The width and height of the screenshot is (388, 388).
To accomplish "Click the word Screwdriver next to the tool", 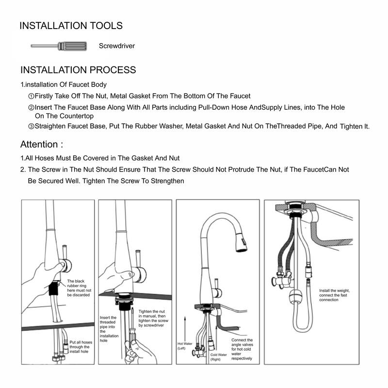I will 116,46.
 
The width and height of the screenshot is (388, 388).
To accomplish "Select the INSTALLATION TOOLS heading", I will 71,26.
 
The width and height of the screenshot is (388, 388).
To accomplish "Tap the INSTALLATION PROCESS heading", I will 78,70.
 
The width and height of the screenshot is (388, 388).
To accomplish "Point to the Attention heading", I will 41,144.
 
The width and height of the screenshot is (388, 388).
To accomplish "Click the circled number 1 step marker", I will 31,96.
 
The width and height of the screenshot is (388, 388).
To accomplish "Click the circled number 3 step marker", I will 31,126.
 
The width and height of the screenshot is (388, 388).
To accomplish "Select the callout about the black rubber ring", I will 78,288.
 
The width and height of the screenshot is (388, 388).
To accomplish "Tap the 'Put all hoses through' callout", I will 80,347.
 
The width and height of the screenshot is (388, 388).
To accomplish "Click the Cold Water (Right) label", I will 219,357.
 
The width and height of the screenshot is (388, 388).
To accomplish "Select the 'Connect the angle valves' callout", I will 242,349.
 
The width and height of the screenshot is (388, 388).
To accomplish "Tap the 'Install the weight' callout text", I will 335,295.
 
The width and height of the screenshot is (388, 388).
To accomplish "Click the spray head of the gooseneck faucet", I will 240,241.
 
